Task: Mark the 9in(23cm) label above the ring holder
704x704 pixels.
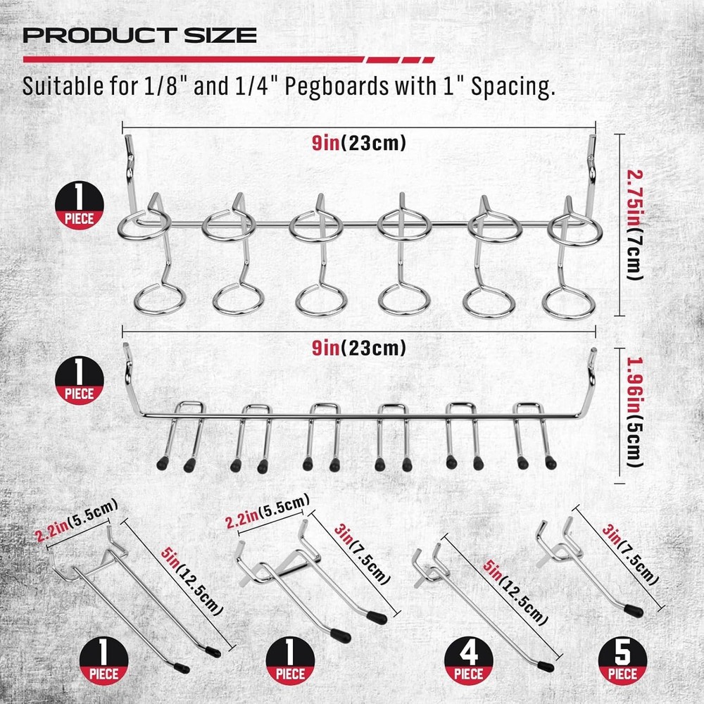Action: pos(359,144)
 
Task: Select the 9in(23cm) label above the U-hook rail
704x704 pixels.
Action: pos(359,346)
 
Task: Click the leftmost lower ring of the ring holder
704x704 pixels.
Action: pos(157,298)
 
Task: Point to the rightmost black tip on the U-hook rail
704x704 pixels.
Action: pos(550,463)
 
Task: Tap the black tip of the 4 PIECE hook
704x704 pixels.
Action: pos(546,665)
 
